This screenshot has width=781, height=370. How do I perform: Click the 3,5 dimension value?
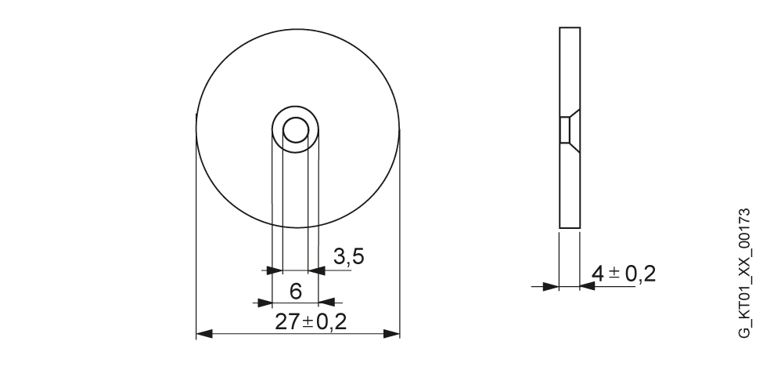pyautogui.click(x=349, y=257)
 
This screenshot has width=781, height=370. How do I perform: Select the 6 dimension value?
pyautogui.click(x=295, y=291)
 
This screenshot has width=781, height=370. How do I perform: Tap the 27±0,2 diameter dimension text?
pyautogui.click(x=311, y=322)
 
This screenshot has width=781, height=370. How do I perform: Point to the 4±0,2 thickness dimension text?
pyautogui.click(x=624, y=274)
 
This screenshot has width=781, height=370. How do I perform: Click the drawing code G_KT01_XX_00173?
pyautogui.click(x=743, y=274)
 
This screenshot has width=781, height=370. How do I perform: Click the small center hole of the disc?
pyautogui.click(x=296, y=131)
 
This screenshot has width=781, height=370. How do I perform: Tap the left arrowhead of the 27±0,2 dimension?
pyautogui.click(x=205, y=334)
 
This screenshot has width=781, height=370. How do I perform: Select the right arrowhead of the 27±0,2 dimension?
pyautogui.click(x=391, y=334)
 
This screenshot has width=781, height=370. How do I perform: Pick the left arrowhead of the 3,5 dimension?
pyautogui.click(x=275, y=270)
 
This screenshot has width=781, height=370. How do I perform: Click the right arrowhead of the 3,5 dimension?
pyautogui.click(x=317, y=270)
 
